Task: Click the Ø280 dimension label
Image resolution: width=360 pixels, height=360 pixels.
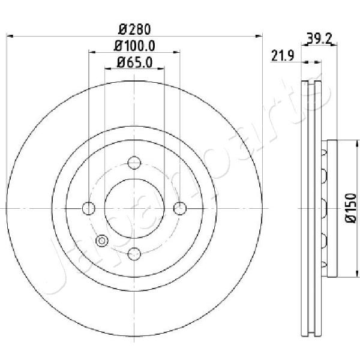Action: click(x=135, y=29)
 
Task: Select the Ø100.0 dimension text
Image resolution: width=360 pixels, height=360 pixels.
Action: click(x=134, y=46)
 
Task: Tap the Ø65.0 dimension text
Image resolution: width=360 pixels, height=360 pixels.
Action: click(x=134, y=62)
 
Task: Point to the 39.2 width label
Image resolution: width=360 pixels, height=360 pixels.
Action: click(x=319, y=38)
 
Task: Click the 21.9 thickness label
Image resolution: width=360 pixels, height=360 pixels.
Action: click(x=283, y=56)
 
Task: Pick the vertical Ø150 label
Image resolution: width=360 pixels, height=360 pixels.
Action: click(x=351, y=208)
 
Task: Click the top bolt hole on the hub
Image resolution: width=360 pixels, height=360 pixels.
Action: click(x=134, y=163)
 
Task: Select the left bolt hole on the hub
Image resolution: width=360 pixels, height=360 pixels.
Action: click(x=89, y=208)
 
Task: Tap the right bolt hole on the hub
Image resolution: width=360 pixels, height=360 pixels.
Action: click(x=180, y=208)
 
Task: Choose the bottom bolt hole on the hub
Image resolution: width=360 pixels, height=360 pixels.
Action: click(x=134, y=254)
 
